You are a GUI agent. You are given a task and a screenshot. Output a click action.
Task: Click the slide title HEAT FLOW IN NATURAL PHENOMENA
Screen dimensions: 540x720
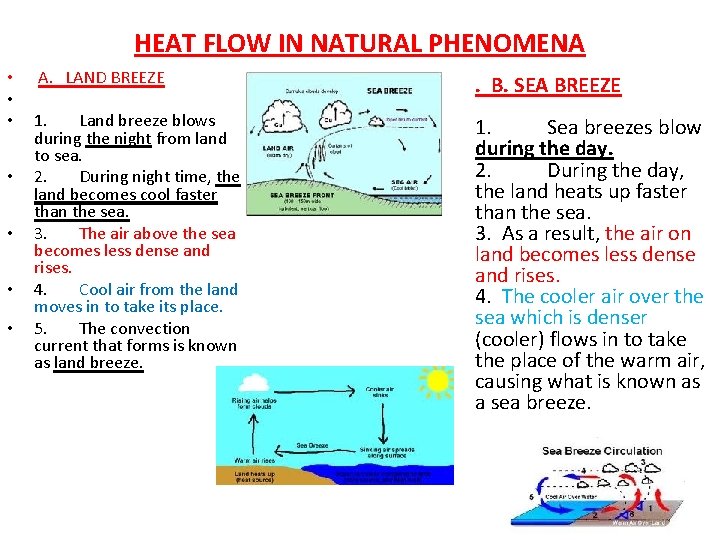[x=359, y=43]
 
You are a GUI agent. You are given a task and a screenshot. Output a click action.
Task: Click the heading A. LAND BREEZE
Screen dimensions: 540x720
[x=101, y=77]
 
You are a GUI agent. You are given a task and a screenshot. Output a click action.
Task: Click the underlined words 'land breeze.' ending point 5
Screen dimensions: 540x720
[x=99, y=363]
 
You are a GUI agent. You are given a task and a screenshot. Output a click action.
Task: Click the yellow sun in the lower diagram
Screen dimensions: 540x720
[x=437, y=381]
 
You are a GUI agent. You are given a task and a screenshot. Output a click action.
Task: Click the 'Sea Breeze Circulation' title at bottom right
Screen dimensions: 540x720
[x=601, y=451]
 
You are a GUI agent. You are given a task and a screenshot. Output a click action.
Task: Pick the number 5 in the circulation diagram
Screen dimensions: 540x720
[x=530, y=497]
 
